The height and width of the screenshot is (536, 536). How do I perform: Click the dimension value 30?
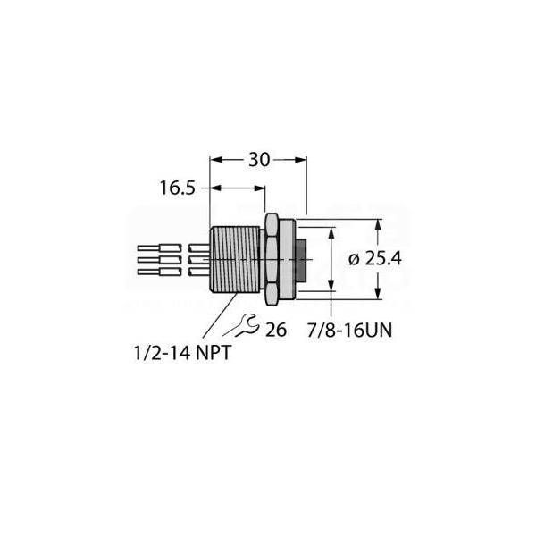tap(258, 160)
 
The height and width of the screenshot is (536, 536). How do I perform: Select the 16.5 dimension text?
tap(177, 188)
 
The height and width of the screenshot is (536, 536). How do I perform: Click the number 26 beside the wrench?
tap(275, 330)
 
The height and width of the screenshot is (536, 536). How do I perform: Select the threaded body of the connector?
tap(237, 259)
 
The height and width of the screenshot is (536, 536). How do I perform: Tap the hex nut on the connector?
tap(272, 258)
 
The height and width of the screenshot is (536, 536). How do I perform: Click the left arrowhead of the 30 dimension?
tap(214, 160)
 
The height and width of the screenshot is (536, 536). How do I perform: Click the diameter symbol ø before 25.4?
tap(353, 258)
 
